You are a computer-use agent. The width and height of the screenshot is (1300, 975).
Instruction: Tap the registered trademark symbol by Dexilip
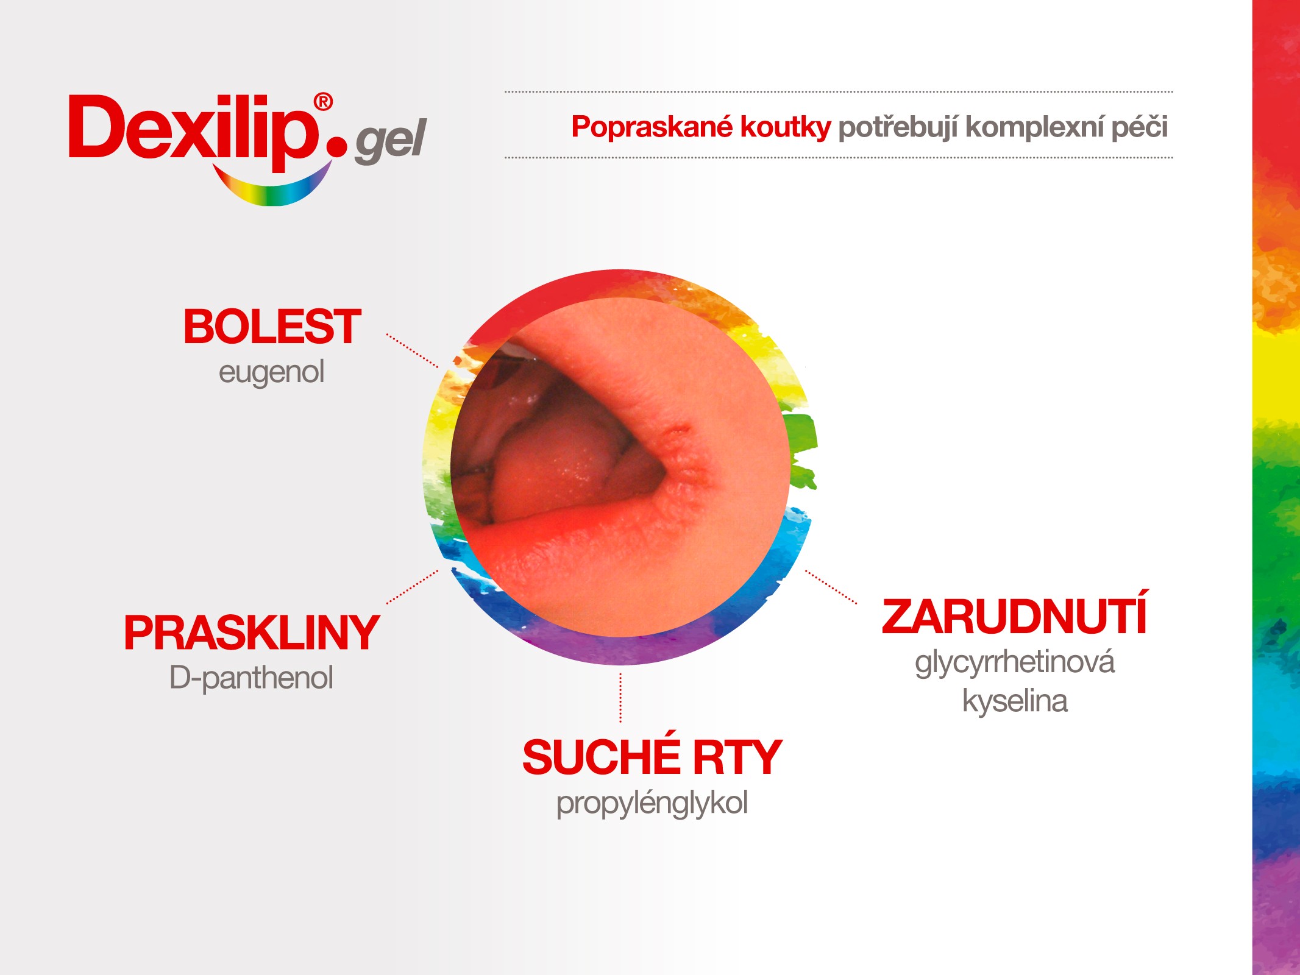[x=323, y=102]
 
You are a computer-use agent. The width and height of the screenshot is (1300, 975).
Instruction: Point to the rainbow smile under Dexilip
[x=272, y=186]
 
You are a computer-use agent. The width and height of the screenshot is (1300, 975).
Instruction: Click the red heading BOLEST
[x=272, y=327]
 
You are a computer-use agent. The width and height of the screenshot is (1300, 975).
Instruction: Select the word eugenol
[x=272, y=372]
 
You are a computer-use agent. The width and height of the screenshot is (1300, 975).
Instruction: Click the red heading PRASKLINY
[x=252, y=633]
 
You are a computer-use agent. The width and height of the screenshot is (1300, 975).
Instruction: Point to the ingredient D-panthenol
[x=252, y=678]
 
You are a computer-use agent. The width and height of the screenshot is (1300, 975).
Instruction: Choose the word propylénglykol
[x=652, y=803]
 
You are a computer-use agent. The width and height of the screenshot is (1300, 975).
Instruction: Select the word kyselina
[x=1015, y=701]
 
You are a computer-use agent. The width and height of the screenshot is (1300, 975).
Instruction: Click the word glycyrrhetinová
[x=1015, y=662]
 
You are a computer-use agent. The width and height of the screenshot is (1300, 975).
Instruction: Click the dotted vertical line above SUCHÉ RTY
[x=620, y=698]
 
